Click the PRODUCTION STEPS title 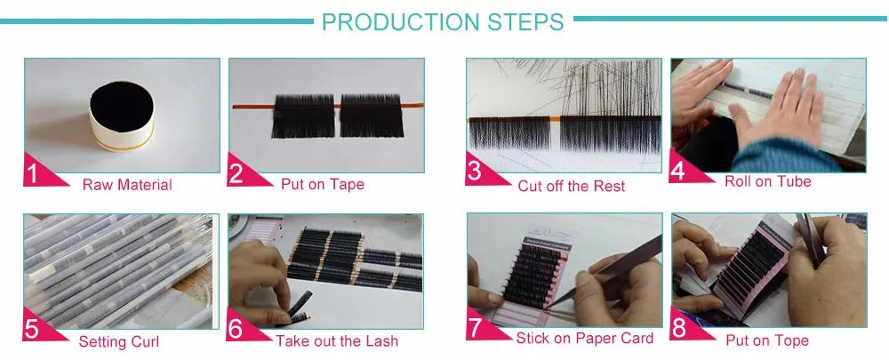point(443,20)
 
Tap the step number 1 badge point(34,173)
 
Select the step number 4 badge point(680,171)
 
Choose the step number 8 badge point(680,328)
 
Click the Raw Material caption point(127,185)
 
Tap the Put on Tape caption point(322,184)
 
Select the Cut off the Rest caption point(571,186)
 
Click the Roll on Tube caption point(767,181)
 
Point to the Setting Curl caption point(119,341)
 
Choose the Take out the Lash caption point(337,341)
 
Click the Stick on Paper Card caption point(585,338)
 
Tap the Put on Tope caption point(767,340)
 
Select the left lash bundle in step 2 point(302,115)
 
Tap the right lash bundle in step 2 point(372,115)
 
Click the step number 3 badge point(476,172)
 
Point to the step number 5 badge point(34,329)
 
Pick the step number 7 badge point(477,328)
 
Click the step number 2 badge point(237,173)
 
